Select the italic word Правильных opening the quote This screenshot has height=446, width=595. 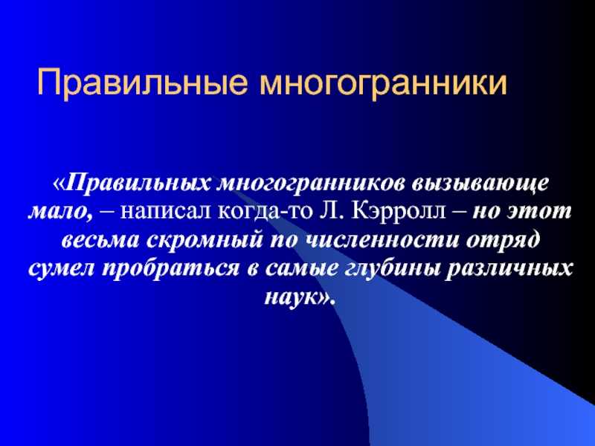click(x=139, y=184)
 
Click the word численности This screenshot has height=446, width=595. click(x=382, y=240)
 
